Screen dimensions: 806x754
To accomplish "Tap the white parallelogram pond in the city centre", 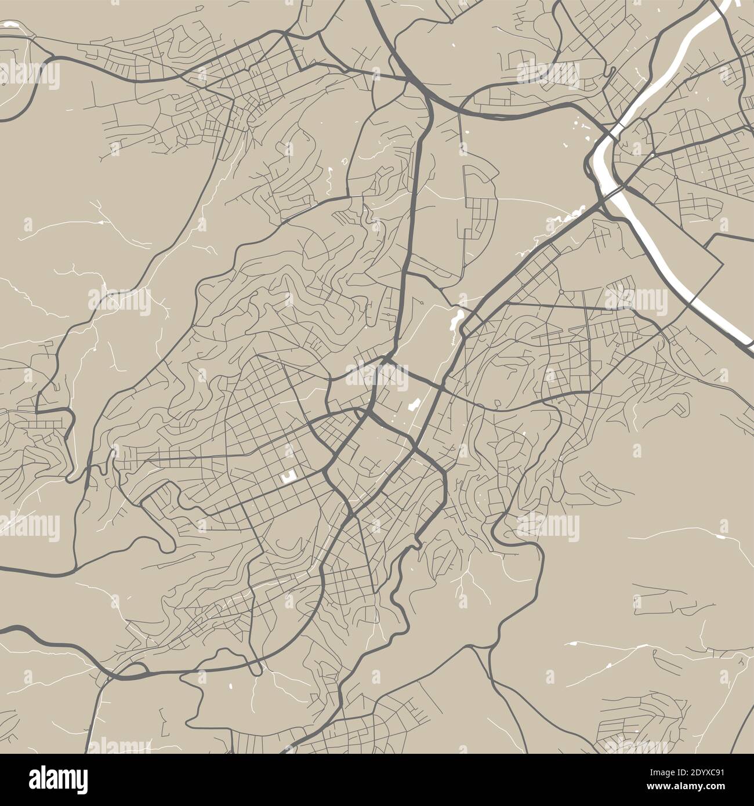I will point(414,404).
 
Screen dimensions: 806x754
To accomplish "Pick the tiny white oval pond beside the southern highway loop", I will point(230,688).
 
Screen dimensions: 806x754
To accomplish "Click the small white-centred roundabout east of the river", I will point(652,155).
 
